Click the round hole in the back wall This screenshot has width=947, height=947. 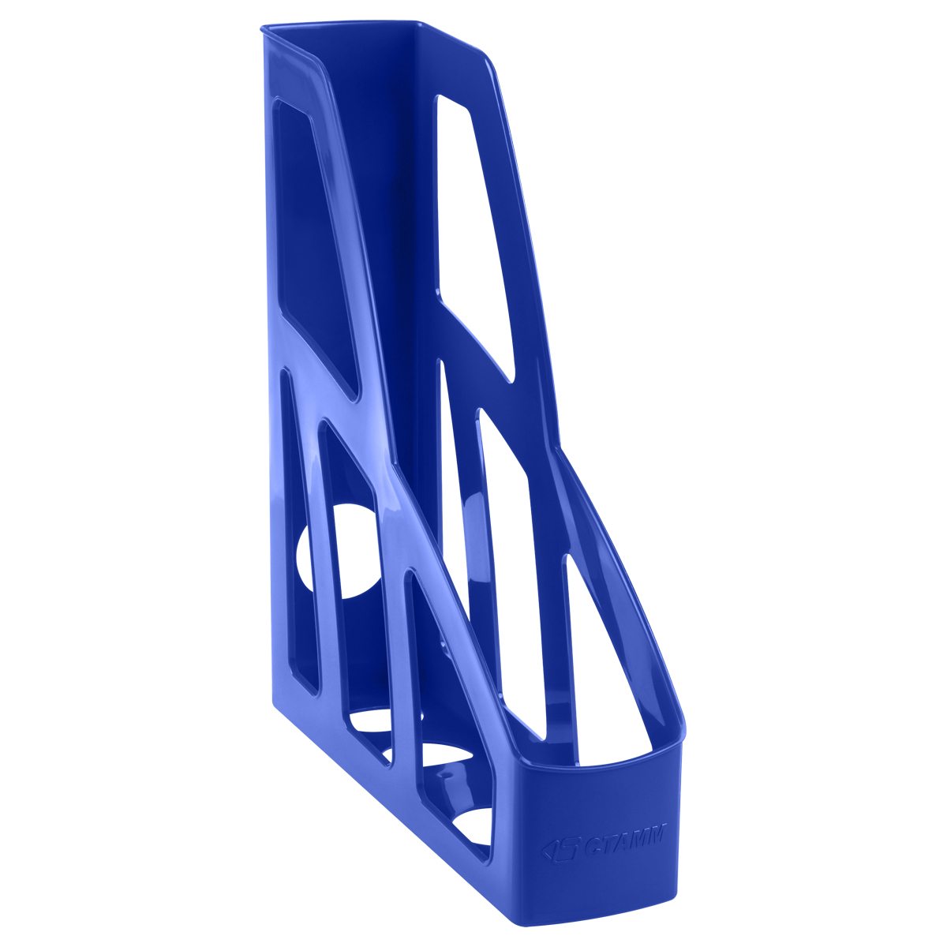pos(339,551)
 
